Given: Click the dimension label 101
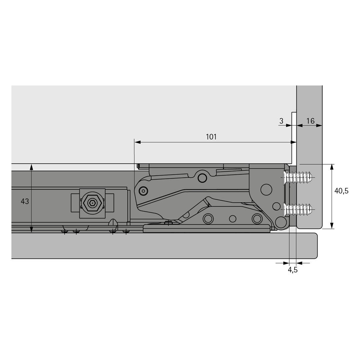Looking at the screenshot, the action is (211, 137).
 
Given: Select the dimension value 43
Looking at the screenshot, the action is (25, 201).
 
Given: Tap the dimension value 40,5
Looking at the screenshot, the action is (341, 191).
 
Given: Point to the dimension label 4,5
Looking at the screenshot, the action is (293, 270).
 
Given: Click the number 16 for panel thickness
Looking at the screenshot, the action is (310, 121).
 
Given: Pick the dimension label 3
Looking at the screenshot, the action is (281, 121).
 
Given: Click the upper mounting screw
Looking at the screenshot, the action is (298, 177).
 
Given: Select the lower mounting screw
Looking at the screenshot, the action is (298, 210).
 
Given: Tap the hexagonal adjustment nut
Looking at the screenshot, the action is (92, 203).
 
